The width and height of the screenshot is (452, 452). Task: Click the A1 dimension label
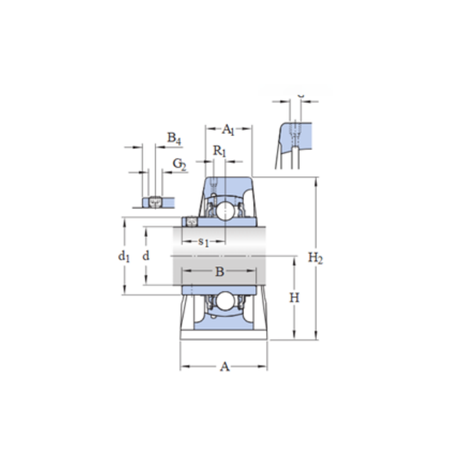[x=228, y=130]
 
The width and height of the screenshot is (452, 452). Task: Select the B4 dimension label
[x=174, y=138]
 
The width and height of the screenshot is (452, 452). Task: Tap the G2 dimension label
[x=179, y=165]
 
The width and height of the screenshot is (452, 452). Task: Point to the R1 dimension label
[x=220, y=151]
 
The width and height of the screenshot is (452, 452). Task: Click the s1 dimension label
[x=204, y=242]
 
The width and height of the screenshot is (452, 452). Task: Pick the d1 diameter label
[x=124, y=257]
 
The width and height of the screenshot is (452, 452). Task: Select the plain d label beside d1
[x=146, y=257]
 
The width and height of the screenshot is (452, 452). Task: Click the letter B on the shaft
[x=219, y=272]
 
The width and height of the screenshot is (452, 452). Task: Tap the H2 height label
[x=315, y=258]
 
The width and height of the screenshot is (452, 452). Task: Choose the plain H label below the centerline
[x=294, y=297]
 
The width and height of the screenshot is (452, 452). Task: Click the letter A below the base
[x=224, y=367]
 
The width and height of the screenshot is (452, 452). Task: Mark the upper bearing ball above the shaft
[x=224, y=211]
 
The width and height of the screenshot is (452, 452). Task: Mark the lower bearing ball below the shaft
[x=224, y=301]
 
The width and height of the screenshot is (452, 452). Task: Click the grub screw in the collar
[x=191, y=221]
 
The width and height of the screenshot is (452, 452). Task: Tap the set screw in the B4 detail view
[x=155, y=202]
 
